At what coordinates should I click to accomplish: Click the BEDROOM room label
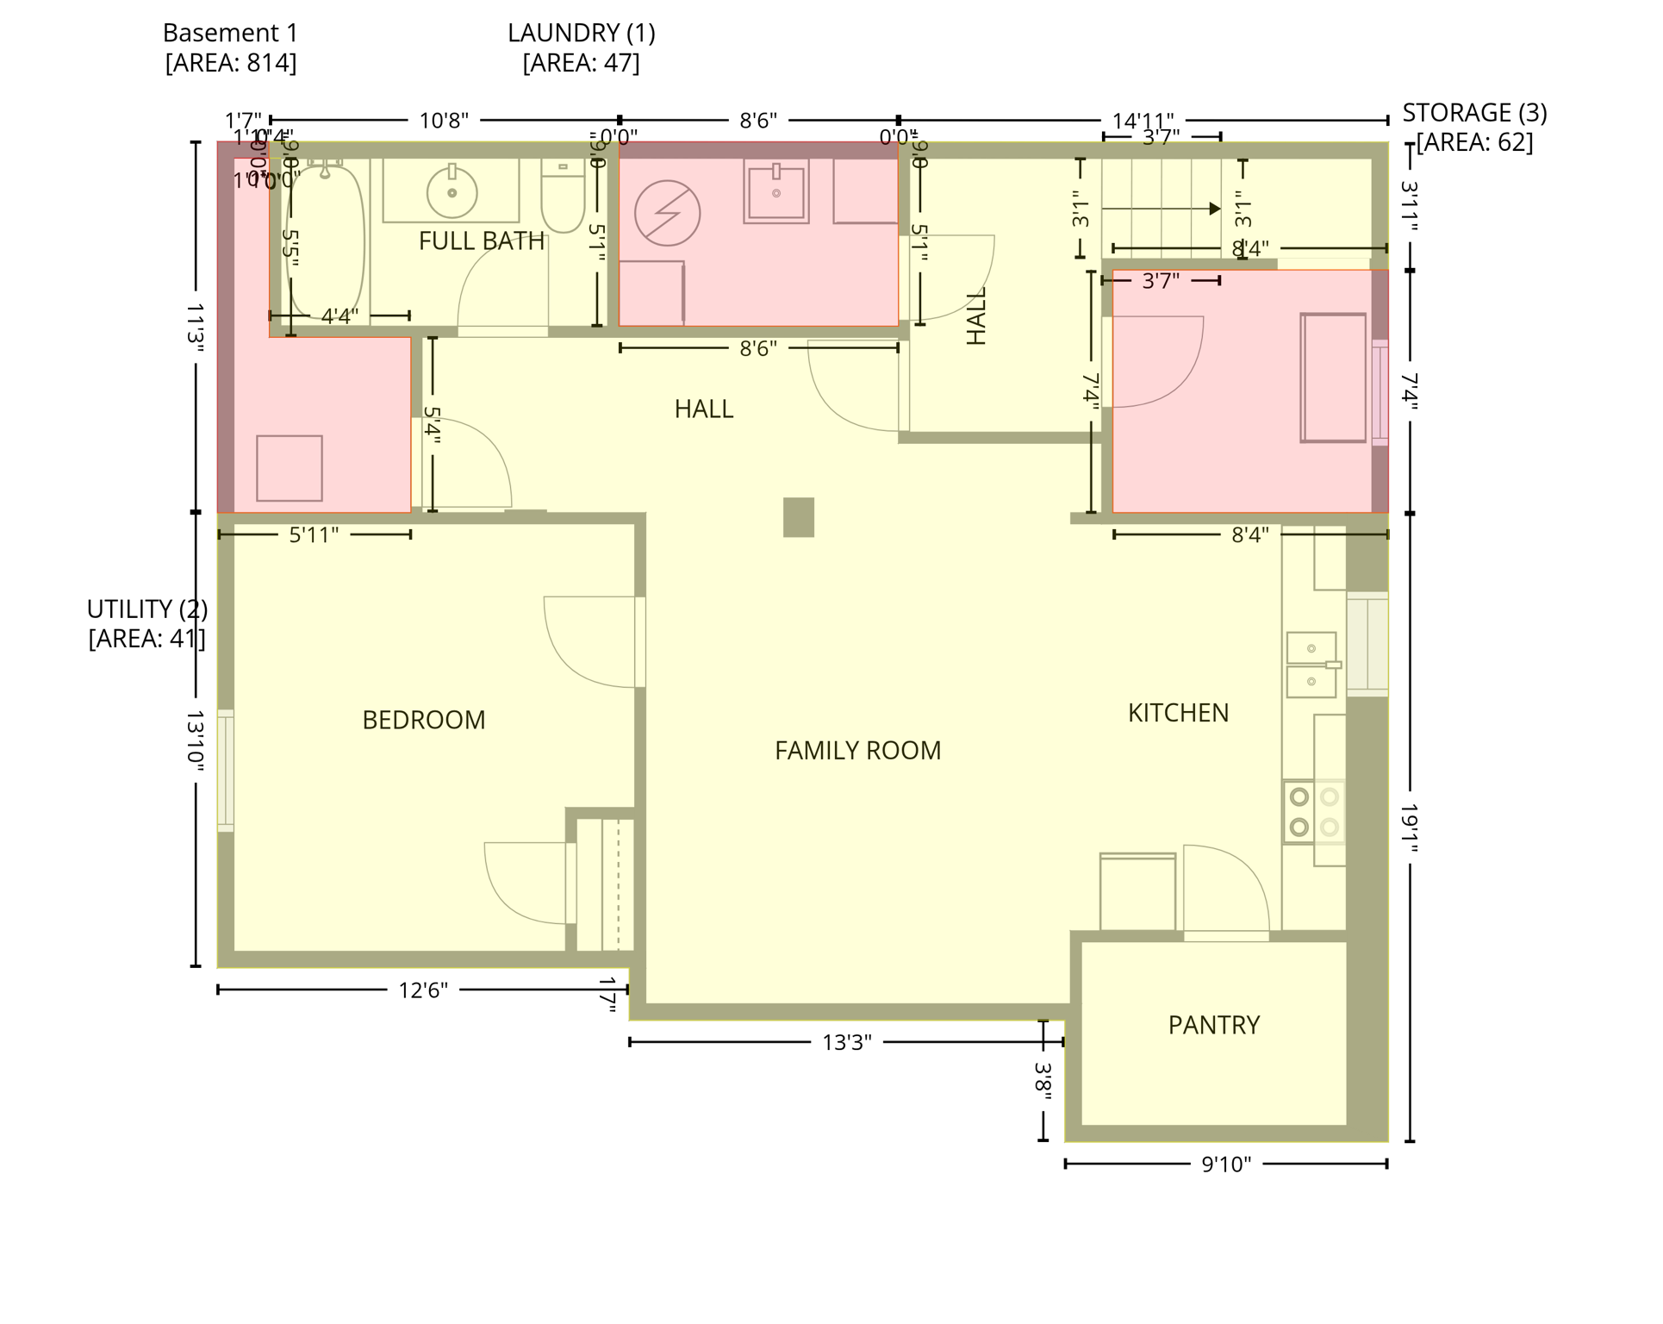coord(423,720)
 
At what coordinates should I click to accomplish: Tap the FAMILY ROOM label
coord(857,751)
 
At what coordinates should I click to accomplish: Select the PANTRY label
coord(1213,1025)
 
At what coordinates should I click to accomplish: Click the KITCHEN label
coord(1178,713)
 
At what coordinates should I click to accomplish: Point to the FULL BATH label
coord(481,241)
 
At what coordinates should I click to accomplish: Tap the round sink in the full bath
coord(452,191)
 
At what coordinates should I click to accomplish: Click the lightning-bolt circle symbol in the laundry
coord(667,213)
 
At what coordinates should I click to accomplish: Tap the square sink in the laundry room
coord(775,193)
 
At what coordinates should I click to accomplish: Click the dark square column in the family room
coord(798,517)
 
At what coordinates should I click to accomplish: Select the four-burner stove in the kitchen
coord(1313,812)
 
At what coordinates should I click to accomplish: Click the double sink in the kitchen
coord(1311,665)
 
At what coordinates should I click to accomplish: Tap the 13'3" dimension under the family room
coord(846,1043)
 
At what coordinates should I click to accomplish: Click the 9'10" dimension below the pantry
coord(1225,1165)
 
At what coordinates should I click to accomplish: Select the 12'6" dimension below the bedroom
coord(422,990)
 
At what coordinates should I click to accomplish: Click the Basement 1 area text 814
coord(230,64)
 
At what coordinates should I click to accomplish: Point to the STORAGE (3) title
coord(1473,113)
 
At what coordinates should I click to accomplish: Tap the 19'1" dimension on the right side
coord(1409,827)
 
